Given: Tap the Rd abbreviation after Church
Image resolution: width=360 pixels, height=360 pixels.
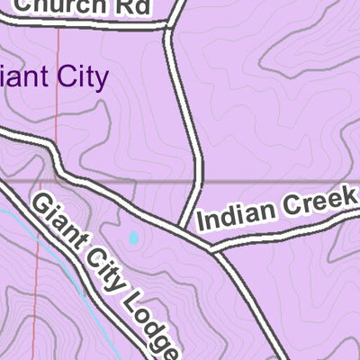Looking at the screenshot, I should click(x=135, y=5).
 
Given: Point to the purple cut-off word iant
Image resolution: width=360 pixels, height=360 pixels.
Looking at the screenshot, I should click(x=25, y=76).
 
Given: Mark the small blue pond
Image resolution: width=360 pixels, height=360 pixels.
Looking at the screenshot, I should click(x=134, y=238).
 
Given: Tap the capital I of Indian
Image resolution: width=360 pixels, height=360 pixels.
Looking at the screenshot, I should click(x=200, y=222).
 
